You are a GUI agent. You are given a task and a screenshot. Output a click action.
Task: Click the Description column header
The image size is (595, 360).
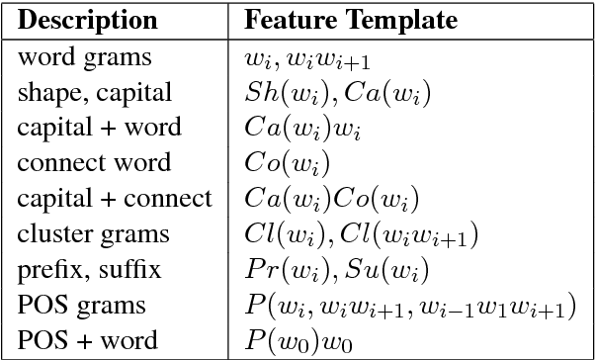(88, 20)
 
